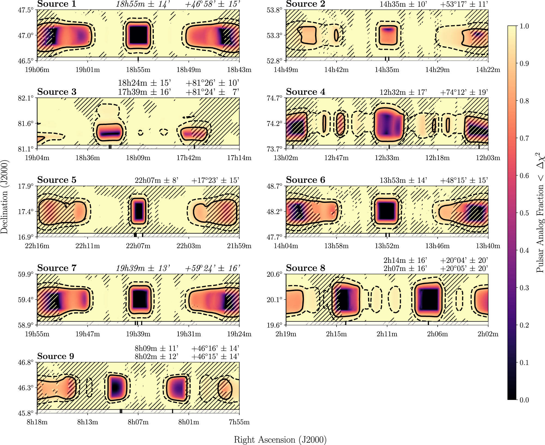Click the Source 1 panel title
coord(57,4)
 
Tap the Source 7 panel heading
coord(57,268)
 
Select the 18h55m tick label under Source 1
coord(138,70)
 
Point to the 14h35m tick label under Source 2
coord(387,70)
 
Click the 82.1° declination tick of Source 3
coord(26,98)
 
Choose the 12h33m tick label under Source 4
coord(387,158)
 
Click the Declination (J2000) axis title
coord(4,197)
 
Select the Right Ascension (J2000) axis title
coord(280,440)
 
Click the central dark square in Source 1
coord(138,35)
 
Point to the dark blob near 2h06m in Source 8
coord(428,300)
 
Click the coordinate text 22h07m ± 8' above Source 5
coord(156,180)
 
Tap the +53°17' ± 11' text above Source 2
coord(464,4)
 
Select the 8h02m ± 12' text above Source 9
coord(156,356)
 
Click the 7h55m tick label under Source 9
coord(239,422)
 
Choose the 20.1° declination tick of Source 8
coord(274,300)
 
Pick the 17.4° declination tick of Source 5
coord(26,212)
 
